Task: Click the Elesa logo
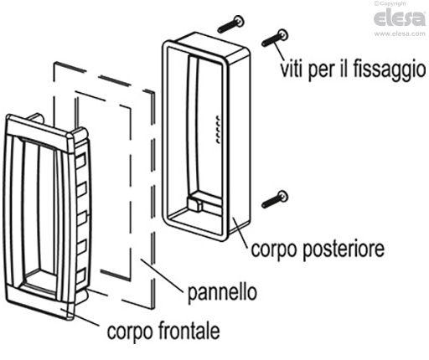coord(400,18)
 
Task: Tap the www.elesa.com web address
coord(400,33)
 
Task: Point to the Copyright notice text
coord(390,3)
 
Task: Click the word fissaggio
coord(390,69)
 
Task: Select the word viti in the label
coord(292,69)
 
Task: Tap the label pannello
coord(222,293)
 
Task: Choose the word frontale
coord(189,331)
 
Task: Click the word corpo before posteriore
coord(275,249)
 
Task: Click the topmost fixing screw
coord(230,24)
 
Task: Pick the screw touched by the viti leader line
coord(275,38)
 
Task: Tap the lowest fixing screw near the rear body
coord(275,199)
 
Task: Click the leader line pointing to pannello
coord(162,275)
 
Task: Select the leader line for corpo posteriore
coord(240,232)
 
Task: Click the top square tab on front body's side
coord(80,161)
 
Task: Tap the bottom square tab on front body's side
coord(81,275)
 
